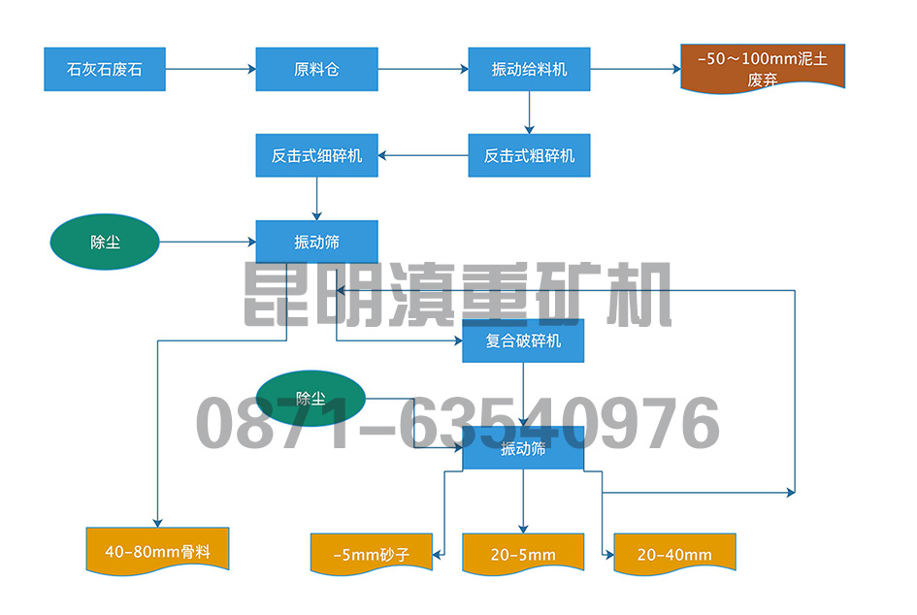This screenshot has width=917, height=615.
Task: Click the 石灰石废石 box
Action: (105, 70)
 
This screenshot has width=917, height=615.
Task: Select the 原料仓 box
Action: (316, 70)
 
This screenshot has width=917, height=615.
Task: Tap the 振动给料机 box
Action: (529, 70)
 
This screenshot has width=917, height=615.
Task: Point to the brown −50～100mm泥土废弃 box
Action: (763, 68)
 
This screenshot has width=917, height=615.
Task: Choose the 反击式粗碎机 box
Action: (529, 155)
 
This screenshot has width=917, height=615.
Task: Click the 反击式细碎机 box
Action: (316, 155)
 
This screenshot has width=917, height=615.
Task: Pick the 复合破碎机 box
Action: (523, 341)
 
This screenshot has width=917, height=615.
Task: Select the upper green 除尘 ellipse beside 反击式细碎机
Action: (105, 242)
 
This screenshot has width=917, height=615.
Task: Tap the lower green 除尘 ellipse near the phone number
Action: (311, 399)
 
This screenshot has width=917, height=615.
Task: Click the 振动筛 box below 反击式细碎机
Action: (316, 242)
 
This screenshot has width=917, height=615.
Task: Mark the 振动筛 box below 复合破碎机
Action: (523, 448)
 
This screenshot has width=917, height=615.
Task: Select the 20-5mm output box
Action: (523, 555)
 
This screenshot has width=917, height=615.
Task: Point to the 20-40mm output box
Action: (674, 555)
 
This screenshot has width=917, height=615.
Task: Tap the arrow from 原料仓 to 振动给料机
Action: (422, 70)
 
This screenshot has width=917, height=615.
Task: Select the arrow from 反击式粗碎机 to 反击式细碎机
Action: (423, 155)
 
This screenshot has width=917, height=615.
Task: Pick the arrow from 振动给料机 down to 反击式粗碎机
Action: (529, 113)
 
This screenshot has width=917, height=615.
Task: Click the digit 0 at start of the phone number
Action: (219, 424)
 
